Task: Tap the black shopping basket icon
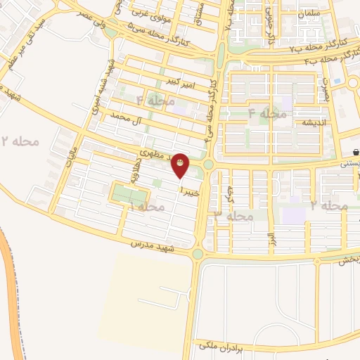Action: point(356,151)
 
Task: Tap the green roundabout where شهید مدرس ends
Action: point(198,254)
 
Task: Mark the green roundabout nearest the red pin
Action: point(210,165)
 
